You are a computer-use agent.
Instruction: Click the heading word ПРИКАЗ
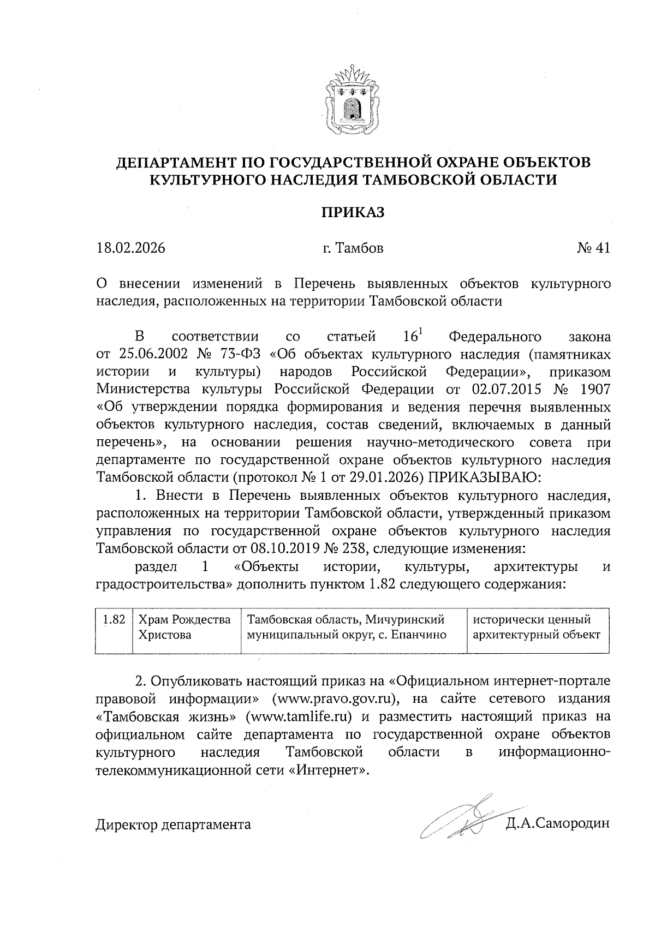coord(352,212)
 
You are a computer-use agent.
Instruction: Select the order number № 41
coord(593,248)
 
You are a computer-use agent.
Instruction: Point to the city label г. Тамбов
coord(353,248)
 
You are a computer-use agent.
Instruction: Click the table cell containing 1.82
coord(114,620)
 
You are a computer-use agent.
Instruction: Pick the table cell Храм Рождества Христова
coord(184,628)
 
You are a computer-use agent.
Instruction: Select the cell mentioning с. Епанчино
coord(354,628)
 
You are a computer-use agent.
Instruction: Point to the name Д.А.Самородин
coord(557,824)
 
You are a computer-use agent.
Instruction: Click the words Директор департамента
coord(174,825)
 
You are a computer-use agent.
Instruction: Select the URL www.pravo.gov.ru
coord(335,699)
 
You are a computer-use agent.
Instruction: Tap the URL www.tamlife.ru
coord(300,716)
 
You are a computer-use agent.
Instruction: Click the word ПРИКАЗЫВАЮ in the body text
coord(483,477)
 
